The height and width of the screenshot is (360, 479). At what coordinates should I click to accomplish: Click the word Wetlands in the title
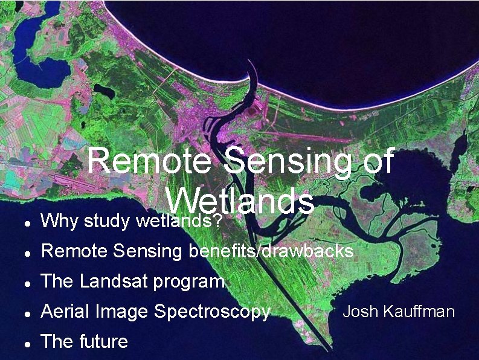[x=240, y=201]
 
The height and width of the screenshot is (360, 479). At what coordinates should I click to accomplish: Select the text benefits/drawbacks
[x=271, y=251]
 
